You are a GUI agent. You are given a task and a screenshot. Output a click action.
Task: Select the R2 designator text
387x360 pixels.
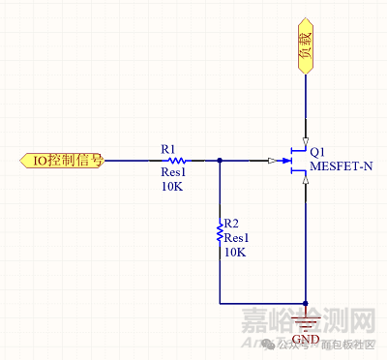(230, 222)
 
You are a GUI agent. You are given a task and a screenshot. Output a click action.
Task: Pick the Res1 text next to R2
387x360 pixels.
(237, 236)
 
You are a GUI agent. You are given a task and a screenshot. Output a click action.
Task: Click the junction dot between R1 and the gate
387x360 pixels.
(221, 160)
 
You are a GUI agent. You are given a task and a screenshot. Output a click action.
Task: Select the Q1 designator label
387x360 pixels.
(317, 152)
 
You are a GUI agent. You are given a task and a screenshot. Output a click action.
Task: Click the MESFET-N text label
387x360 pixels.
(341, 166)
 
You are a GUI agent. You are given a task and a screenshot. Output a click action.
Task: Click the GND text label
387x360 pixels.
(305, 340)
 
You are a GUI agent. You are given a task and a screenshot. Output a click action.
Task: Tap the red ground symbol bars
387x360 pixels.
(305, 319)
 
